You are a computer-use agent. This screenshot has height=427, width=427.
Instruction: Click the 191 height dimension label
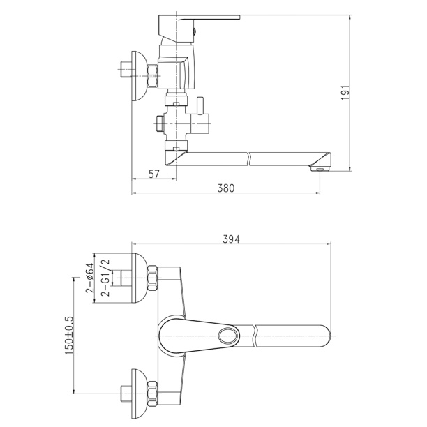point(345,92)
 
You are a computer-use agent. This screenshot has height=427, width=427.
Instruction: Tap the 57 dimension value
point(153,174)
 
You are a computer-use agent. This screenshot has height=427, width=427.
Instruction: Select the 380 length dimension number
point(226,188)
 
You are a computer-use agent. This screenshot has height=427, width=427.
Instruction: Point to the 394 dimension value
point(231,239)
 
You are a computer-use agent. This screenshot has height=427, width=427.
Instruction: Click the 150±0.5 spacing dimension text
point(69,336)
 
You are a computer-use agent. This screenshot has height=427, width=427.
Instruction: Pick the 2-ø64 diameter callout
point(90,278)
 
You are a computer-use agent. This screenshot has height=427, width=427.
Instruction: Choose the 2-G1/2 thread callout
point(105,278)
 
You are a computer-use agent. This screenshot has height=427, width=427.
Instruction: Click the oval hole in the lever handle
point(228,335)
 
